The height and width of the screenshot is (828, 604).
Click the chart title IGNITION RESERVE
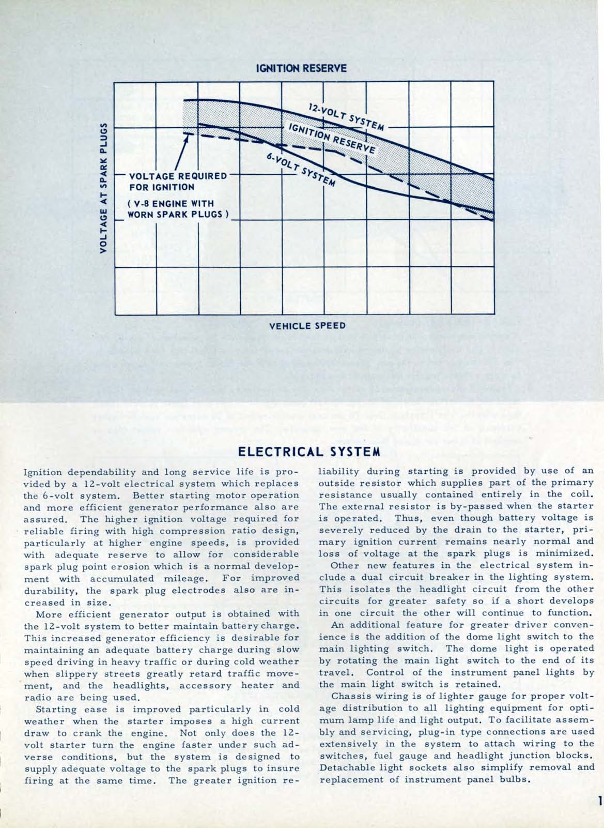301,68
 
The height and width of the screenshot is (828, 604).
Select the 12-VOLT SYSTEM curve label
346,117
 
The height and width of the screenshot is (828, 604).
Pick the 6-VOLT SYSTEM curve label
301,169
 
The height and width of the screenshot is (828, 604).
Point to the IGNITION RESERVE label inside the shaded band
331,139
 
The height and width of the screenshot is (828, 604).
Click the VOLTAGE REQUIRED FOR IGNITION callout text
177,181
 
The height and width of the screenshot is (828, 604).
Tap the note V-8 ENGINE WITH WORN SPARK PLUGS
177,209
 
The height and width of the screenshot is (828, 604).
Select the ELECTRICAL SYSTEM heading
308,451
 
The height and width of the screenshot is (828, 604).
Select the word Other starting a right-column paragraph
345,565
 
